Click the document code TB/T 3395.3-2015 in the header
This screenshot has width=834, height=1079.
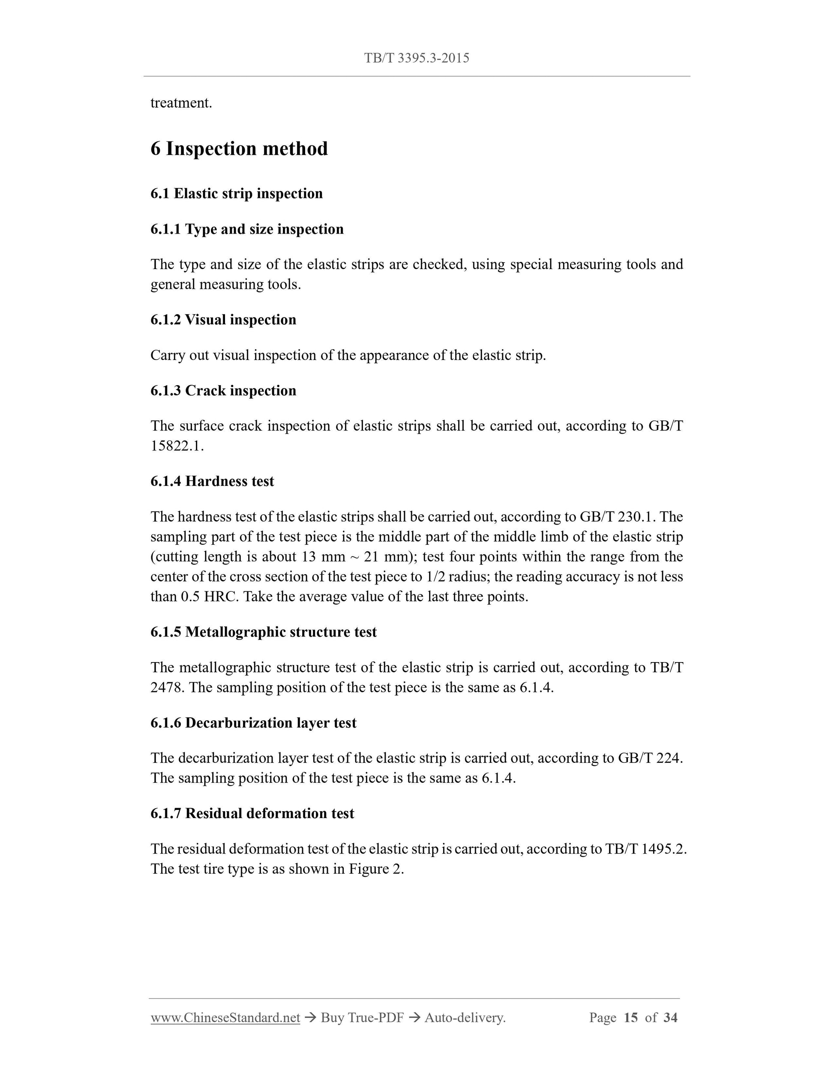pos(417,58)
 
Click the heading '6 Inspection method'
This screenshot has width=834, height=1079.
pos(239,149)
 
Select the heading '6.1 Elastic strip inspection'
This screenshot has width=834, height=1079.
pos(236,193)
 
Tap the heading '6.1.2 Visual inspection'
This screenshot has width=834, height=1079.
pos(223,320)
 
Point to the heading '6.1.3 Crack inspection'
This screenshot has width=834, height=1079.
pos(223,390)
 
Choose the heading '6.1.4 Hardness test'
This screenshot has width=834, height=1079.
pos(212,481)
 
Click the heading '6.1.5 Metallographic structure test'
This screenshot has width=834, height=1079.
pos(263,632)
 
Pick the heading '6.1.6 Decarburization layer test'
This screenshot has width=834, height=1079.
pos(253,723)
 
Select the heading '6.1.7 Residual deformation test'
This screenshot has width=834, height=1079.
pos(252,813)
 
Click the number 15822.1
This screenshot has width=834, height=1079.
pos(177,446)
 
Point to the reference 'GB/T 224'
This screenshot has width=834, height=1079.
pos(649,758)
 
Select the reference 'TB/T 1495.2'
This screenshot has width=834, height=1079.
pos(645,849)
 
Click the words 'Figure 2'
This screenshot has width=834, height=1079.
pos(375,869)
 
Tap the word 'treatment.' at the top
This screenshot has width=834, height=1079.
pos(181,103)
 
